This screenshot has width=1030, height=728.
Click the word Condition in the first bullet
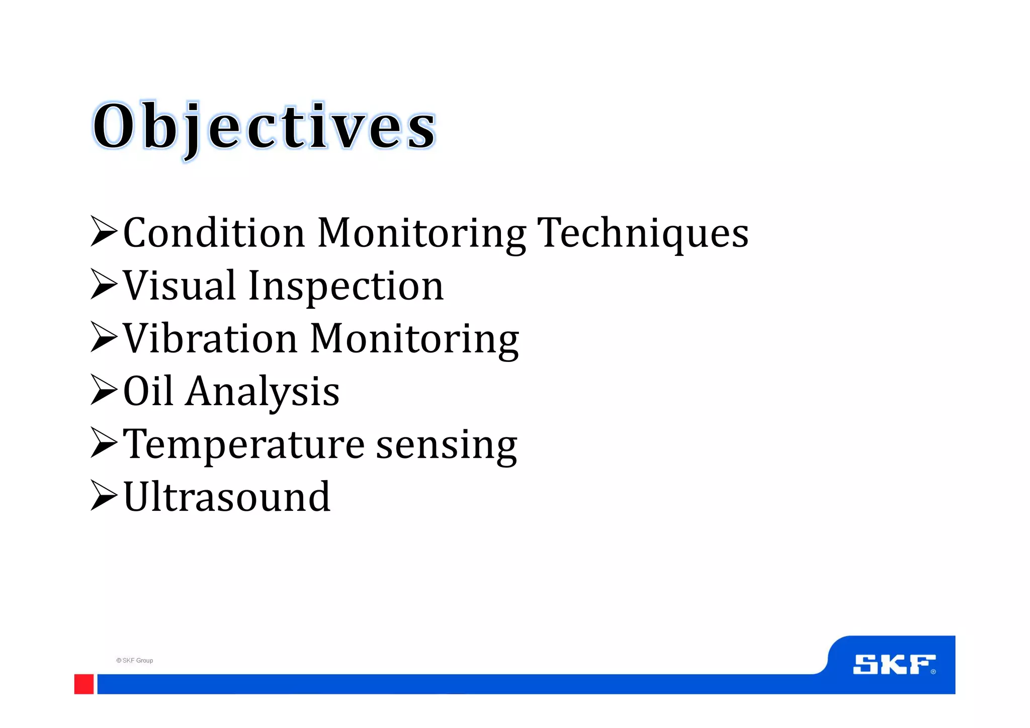pos(214,233)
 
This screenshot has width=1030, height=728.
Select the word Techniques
pos(643,233)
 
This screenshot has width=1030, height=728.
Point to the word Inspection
pos(346,287)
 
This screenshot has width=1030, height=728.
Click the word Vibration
pos(210,339)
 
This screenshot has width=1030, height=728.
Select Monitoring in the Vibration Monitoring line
pos(414,340)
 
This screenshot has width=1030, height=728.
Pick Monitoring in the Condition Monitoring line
pos(421,234)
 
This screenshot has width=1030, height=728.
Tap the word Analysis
pos(263,392)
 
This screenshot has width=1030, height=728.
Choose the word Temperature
pos(243,445)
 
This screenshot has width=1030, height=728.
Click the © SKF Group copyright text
pos(135,661)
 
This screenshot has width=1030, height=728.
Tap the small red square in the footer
pos(84,684)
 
